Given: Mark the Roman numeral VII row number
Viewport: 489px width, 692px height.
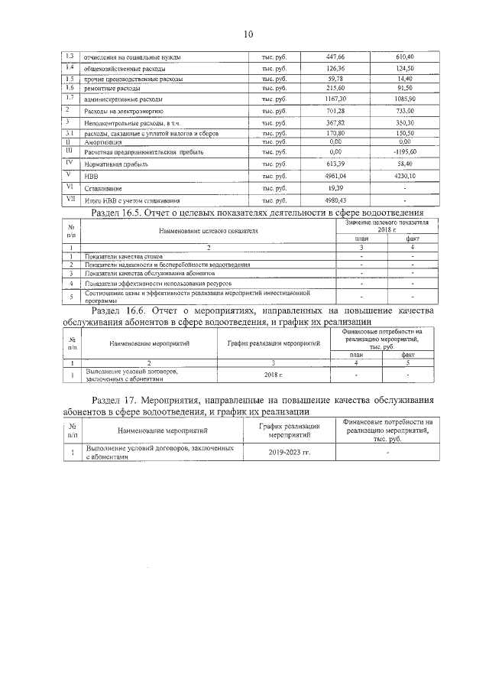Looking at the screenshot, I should coord(70,200).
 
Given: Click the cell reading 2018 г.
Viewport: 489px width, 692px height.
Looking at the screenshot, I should coord(274,375).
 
